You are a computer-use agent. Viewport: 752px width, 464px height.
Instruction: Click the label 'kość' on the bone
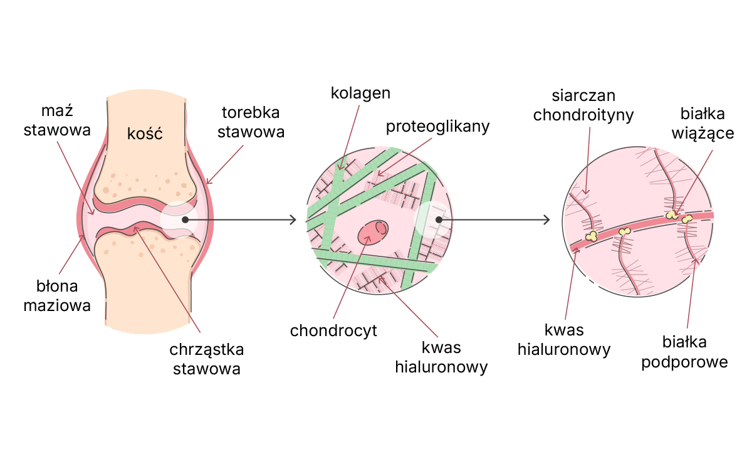pyautogui.click(x=145, y=134)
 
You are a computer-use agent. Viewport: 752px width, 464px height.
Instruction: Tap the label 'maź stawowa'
pyautogui.click(x=57, y=120)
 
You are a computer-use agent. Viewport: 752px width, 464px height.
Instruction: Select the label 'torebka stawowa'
pyautogui.click(x=251, y=122)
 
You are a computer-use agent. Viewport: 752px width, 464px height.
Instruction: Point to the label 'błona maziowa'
pyautogui.click(x=57, y=296)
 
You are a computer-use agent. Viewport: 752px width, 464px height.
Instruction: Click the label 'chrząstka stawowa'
pyautogui.click(x=206, y=359)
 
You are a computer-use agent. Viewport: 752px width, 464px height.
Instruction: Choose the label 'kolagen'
pyautogui.click(x=360, y=93)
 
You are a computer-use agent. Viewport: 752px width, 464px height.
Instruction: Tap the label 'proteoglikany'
pyautogui.click(x=437, y=126)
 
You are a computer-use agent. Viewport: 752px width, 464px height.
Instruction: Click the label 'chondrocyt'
pyautogui.click(x=333, y=330)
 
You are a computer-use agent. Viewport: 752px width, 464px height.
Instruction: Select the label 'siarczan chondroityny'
pyautogui.click(x=583, y=105)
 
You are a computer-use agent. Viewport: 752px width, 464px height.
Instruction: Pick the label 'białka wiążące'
pyautogui.click(x=702, y=124)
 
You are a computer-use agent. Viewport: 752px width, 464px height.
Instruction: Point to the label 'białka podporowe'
pyautogui.click(x=684, y=352)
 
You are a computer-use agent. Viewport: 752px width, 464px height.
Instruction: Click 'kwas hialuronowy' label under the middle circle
pyautogui.click(x=441, y=357)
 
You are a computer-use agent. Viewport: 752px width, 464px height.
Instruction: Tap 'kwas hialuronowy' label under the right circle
pyautogui.click(x=564, y=340)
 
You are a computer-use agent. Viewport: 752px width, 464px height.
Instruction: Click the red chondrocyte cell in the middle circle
pyautogui.click(x=373, y=233)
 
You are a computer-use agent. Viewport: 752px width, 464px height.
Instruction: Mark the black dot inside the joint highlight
pyautogui.click(x=185, y=219)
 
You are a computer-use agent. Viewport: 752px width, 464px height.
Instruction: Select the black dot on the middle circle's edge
pyautogui.click(x=439, y=219)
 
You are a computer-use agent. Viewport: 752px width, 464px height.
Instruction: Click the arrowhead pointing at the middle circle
pyautogui.click(x=293, y=219)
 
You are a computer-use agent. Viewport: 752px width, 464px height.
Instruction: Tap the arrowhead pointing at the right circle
pyautogui.click(x=547, y=219)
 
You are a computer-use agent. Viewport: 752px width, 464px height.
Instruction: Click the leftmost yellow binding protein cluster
pyautogui.click(x=591, y=236)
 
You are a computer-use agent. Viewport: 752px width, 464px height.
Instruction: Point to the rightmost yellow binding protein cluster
pyautogui.click(x=687, y=219)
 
